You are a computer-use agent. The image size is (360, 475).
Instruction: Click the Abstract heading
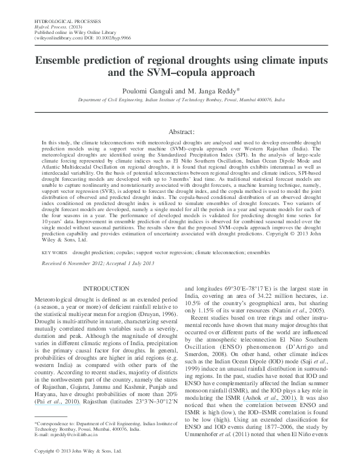click(179, 131)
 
